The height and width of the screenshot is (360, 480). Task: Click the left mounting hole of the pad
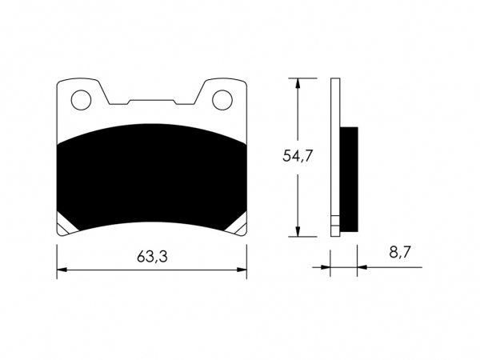click(x=81, y=100)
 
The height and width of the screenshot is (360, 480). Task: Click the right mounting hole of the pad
click(x=222, y=100)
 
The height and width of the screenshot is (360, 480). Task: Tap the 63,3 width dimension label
click(x=152, y=257)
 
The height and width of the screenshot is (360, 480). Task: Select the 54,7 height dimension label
click(x=298, y=155)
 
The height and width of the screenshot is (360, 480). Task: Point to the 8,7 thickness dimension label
click(x=399, y=252)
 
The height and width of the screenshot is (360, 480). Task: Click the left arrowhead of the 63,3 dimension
click(x=62, y=270)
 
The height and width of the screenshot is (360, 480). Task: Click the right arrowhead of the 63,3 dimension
click(x=242, y=270)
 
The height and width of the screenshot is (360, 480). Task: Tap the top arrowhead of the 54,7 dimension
click(x=298, y=83)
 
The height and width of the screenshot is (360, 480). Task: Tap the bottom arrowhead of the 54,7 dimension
click(x=298, y=232)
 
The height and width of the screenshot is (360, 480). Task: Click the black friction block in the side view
click(x=349, y=179)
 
